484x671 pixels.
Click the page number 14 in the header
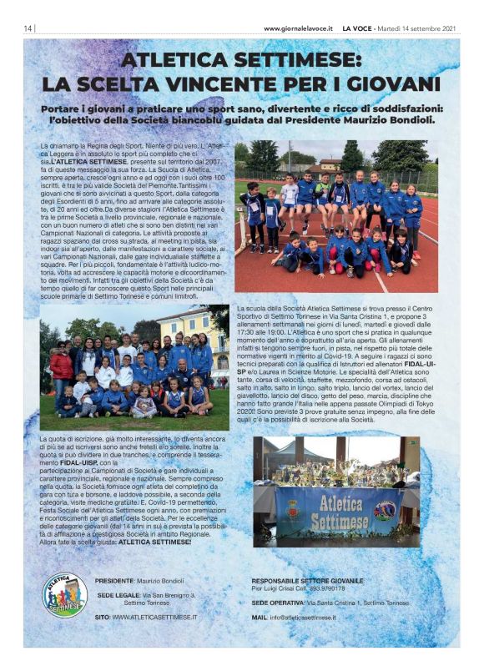(28, 28)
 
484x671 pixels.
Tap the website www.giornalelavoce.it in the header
(298, 28)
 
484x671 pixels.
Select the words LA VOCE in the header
(359, 28)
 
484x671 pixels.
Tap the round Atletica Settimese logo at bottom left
(64, 594)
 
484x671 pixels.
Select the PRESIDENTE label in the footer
(114, 580)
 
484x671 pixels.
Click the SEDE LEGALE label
(116, 595)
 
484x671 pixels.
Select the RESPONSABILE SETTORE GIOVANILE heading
(307, 580)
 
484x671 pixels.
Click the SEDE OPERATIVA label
(279, 602)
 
